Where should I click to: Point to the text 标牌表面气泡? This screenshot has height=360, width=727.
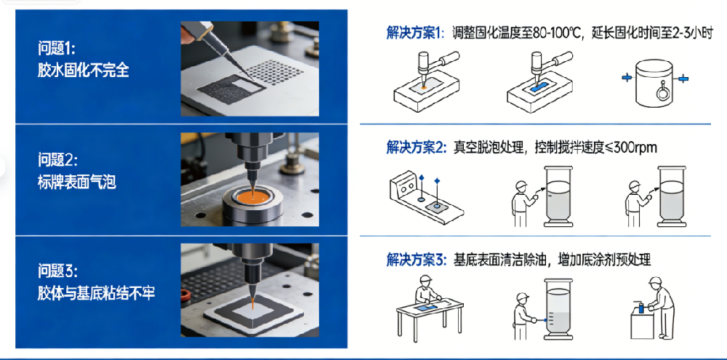click(76, 182)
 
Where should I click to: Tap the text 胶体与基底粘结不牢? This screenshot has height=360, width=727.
click(96, 293)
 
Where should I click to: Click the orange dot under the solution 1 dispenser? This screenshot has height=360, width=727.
click(424, 87)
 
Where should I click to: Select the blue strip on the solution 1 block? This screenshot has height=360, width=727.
click(537, 87)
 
